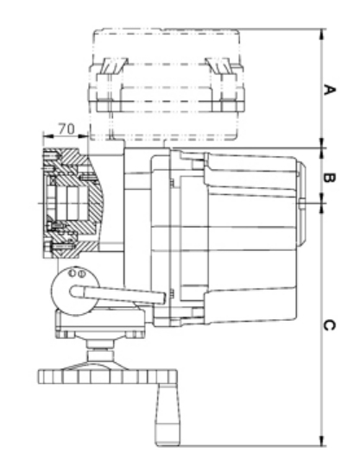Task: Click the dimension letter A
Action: tap(329, 90)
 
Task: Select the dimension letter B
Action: tap(329, 178)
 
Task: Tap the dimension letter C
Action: tap(329, 325)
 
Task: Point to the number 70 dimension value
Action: tap(66, 129)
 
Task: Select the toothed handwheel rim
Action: tap(108, 377)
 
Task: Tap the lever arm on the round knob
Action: tap(117, 294)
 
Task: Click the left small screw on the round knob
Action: tap(72, 273)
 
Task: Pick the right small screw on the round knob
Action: tap(82, 273)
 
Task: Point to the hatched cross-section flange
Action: tap(73, 203)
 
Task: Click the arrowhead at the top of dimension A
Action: tap(322, 34)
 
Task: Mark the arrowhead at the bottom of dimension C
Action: tap(322, 440)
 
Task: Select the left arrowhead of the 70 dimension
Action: tap(48, 136)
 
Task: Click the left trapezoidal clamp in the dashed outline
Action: tap(114, 66)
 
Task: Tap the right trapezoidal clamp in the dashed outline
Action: tap(218, 66)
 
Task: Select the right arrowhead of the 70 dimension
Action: tap(84, 136)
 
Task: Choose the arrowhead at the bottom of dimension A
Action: tap(322, 143)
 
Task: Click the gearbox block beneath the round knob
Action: tap(100, 324)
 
